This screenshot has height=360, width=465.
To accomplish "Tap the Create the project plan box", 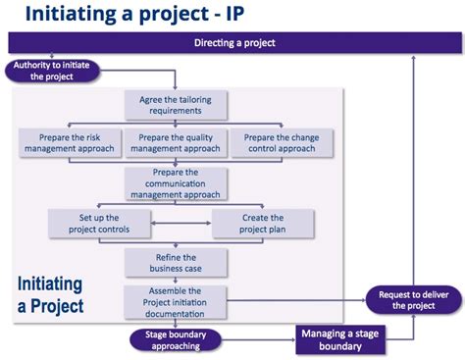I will [263, 223].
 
